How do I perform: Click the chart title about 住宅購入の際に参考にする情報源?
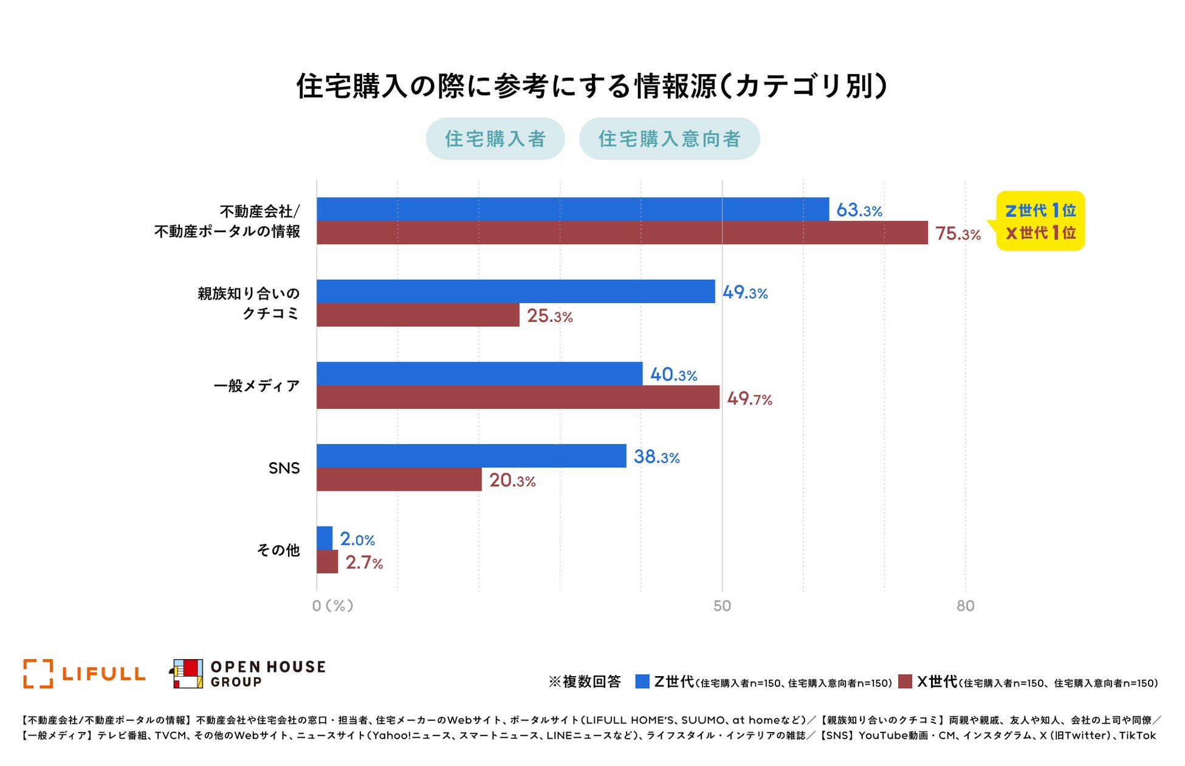coord(592,86)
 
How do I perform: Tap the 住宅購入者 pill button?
coord(495,138)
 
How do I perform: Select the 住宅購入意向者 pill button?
coord(669,138)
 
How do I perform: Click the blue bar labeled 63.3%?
coord(572,209)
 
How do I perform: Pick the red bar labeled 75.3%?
coord(622,233)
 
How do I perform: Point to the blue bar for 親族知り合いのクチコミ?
coord(515,291)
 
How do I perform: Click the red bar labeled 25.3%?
coord(417,315)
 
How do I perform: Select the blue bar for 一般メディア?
coord(479,374)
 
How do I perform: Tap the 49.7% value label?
coord(749,398)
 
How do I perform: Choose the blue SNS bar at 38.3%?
coord(471,456)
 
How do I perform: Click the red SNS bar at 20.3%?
coord(399,479)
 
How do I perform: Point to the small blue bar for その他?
coord(325,538)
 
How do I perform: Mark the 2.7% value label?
coord(364,563)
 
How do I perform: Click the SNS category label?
coord(284,468)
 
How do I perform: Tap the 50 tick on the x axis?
coord(722,606)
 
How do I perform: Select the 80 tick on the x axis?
coord(965,606)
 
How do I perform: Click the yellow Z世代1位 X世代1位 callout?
coord(1040,221)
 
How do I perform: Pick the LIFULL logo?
coord(84,674)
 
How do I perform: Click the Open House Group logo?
coord(247,674)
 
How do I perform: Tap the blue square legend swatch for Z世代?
coord(642,682)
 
